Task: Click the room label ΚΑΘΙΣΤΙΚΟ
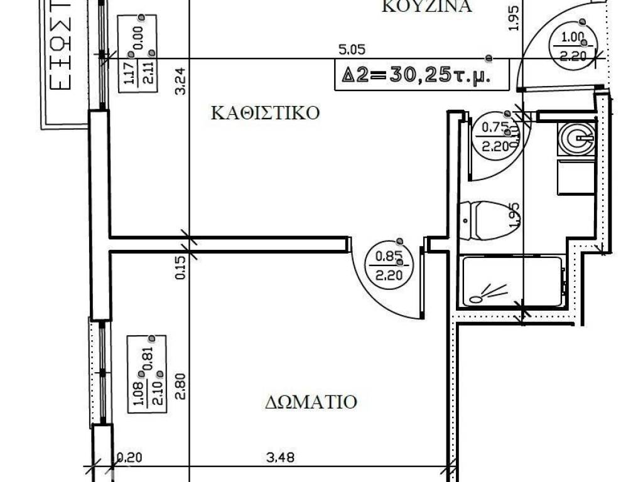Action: pyautogui.click(x=266, y=113)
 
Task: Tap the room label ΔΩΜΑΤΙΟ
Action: pyautogui.click(x=311, y=401)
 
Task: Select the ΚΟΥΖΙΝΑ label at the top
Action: pyautogui.click(x=426, y=7)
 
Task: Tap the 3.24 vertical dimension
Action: pyautogui.click(x=181, y=81)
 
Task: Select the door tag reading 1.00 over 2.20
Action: pyautogui.click(x=571, y=46)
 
